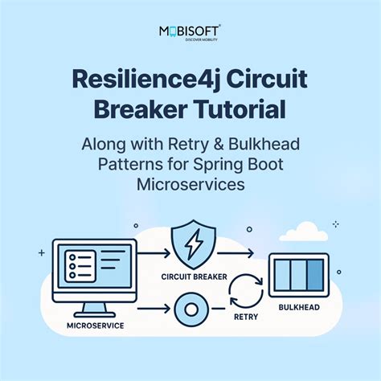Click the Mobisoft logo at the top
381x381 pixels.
[x=190, y=35]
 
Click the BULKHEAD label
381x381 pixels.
[x=299, y=307]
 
